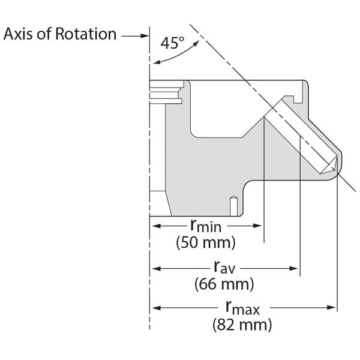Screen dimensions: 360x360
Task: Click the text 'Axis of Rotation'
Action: (x=60, y=34)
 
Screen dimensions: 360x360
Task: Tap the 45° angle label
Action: (x=174, y=43)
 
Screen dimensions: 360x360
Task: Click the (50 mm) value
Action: (x=206, y=243)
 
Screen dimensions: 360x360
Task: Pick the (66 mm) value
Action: (x=224, y=283)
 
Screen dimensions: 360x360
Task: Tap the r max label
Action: (x=242, y=308)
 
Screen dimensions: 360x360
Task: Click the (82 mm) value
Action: (x=242, y=325)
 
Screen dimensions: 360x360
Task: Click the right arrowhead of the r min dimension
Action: (x=259, y=226)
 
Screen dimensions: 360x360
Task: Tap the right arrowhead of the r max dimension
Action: (x=332, y=308)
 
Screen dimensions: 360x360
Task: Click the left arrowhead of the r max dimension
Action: (x=155, y=308)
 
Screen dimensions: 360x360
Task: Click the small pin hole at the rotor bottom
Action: (x=232, y=205)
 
